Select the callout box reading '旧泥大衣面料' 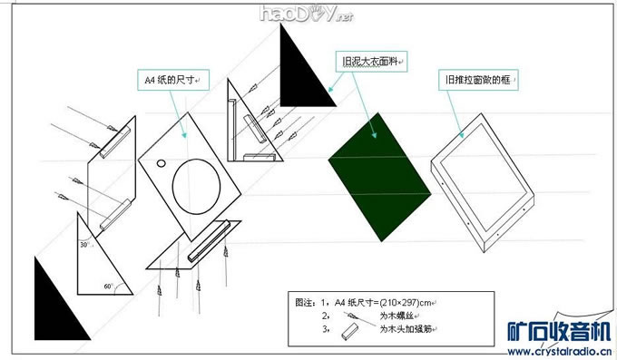click(370, 62)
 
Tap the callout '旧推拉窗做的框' click(475, 81)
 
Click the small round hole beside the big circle click(161, 164)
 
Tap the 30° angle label click(84, 244)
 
